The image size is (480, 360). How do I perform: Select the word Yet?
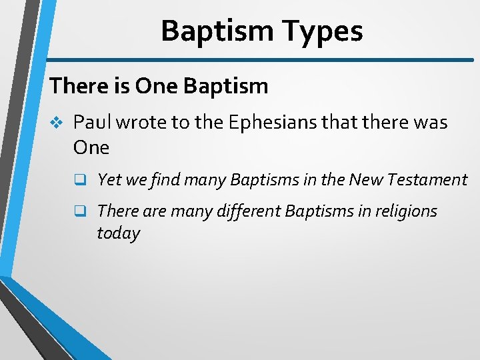pos(109,179)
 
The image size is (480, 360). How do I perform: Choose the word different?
pos(248,211)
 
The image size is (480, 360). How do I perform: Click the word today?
pos(118,233)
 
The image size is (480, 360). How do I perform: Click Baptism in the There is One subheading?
pos(225,86)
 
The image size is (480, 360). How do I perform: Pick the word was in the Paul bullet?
pos(430,123)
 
